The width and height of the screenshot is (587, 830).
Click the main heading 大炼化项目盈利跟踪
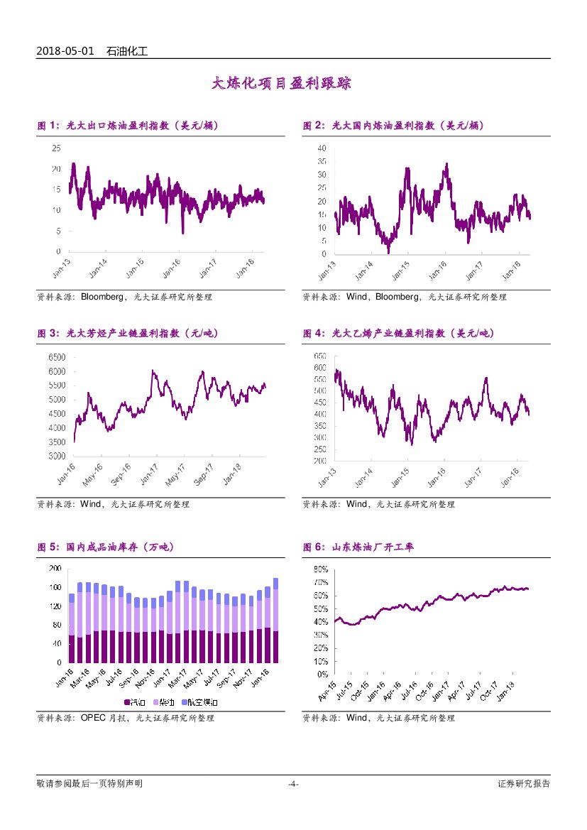282,84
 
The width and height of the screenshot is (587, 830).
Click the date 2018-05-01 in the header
65,51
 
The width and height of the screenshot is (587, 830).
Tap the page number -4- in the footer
293,784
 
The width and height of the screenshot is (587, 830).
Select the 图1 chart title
128,126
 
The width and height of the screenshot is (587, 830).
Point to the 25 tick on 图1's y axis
56,148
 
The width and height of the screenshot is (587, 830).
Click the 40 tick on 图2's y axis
322,148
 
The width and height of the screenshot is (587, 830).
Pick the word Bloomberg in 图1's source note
103,297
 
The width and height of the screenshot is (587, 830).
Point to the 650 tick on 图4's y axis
319,356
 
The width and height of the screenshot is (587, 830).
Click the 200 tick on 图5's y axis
55,569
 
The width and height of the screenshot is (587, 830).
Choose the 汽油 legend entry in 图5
135,702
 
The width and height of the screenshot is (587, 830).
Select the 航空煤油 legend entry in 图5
200,702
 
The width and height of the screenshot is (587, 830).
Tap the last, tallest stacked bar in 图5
275,620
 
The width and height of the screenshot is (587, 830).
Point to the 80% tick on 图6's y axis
319,569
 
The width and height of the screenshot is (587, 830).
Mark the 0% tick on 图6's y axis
322,674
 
